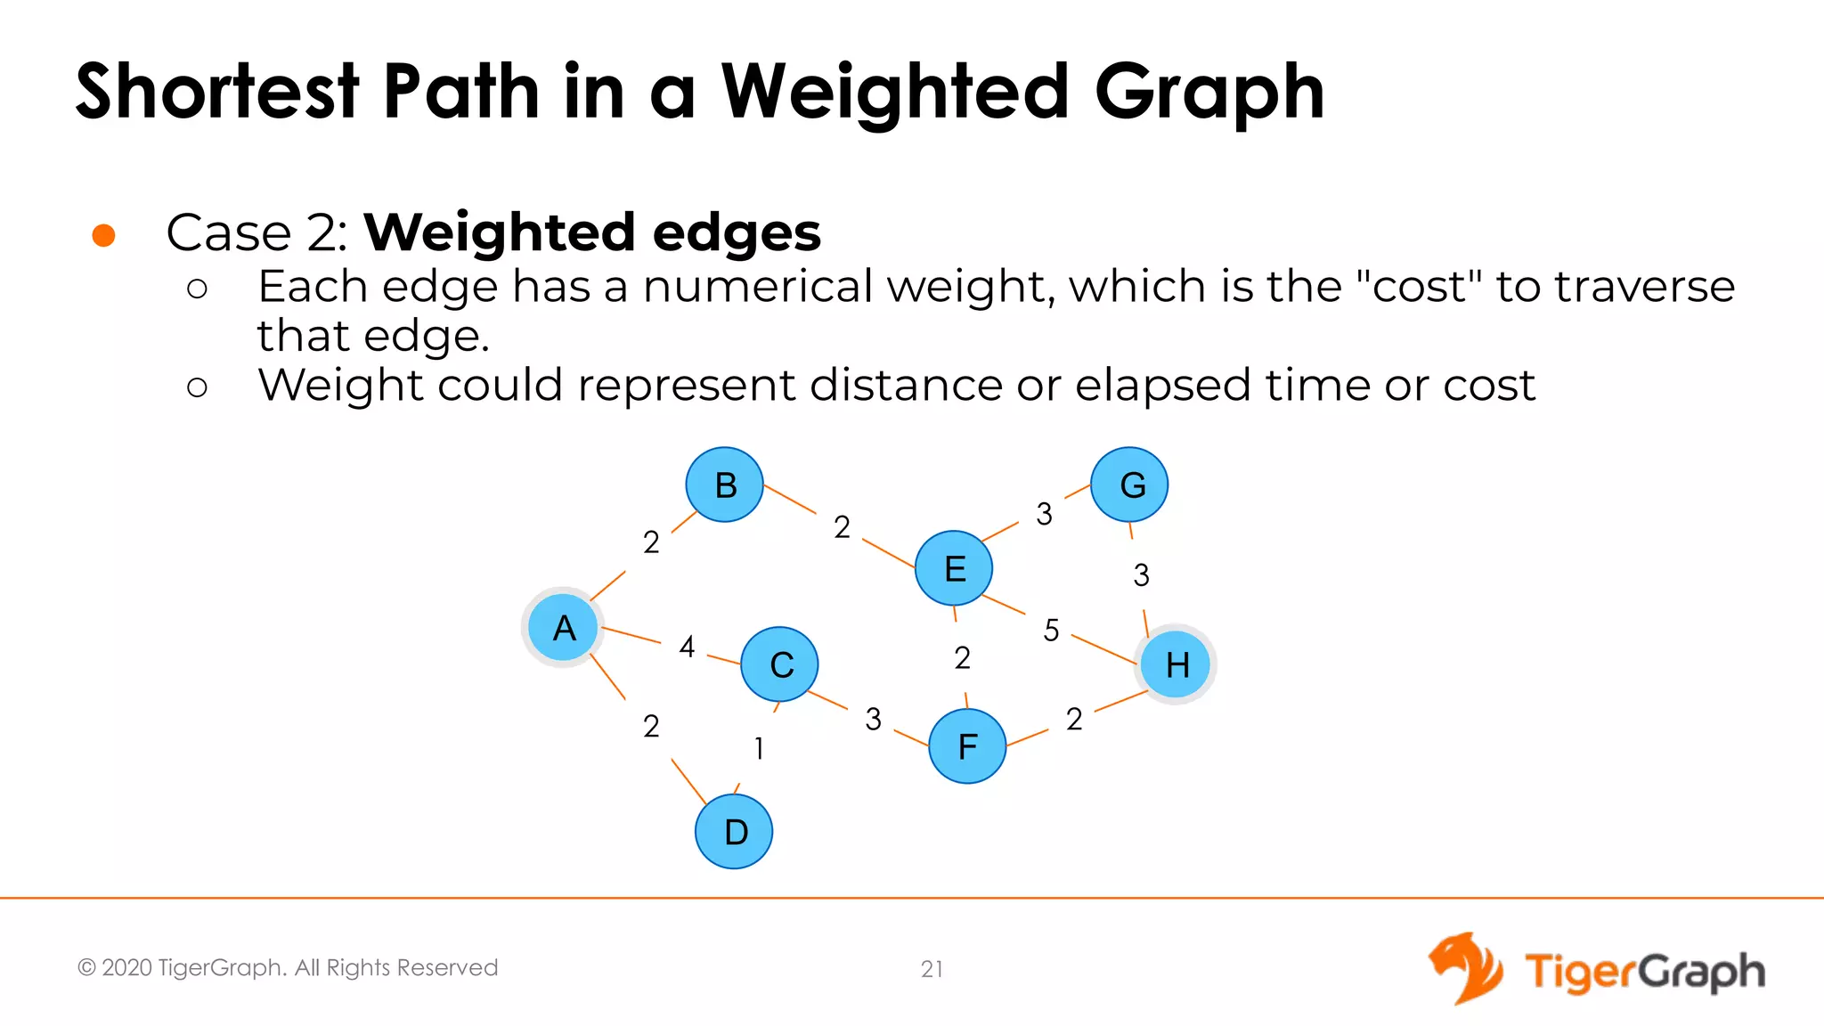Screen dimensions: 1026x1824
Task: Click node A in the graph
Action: click(563, 627)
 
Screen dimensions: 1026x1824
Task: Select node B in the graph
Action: click(725, 484)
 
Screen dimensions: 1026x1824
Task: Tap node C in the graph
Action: click(779, 664)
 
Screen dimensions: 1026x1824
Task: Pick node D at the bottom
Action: click(734, 831)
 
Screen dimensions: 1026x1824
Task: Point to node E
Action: click(954, 568)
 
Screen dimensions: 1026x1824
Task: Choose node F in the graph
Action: click(967, 746)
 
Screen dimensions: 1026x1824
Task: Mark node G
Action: click(1130, 484)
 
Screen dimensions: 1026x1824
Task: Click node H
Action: click(1176, 664)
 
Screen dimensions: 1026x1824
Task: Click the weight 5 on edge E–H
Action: click(1051, 631)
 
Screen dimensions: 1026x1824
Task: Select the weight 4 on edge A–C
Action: click(687, 647)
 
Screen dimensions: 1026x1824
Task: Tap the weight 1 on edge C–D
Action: click(759, 748)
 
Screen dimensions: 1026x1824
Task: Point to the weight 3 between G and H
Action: click(1141, 575)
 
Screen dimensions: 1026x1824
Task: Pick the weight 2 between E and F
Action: click(962, 658)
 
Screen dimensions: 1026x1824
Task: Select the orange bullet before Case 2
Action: click(104, 235)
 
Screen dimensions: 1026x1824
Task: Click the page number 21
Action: click(932, 969)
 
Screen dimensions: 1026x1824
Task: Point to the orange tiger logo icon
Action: click(1466, 968)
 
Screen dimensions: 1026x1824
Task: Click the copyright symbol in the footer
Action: click(86, 968)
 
